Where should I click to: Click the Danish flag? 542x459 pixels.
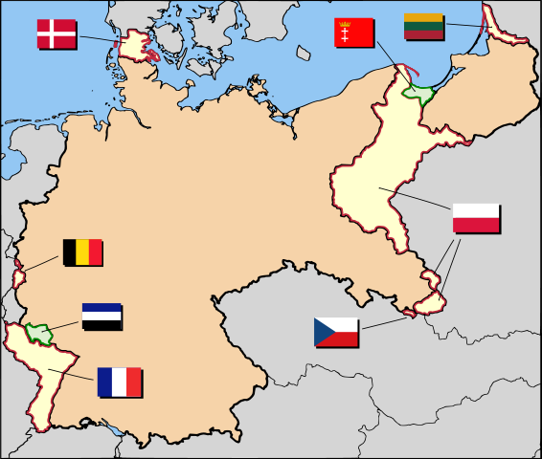tap(56, 33)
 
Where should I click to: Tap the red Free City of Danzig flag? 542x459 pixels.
tap(353, 34)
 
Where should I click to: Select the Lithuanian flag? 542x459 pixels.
tap(422, 26)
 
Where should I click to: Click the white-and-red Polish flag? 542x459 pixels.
tap(476, 218)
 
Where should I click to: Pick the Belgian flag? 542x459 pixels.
tap(82, 252)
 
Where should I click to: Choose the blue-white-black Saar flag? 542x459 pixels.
tap(102, 317)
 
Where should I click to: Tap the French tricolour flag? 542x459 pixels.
tap(119, 382)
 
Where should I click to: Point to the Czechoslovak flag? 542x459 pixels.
tap(336, 332)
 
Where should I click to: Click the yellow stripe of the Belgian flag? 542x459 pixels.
tap(82, 252)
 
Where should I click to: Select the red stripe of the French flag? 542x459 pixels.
tap(134, 382)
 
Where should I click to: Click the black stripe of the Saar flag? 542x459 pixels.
tap(102, 325)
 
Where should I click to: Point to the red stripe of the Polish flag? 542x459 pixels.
tap(476, 226)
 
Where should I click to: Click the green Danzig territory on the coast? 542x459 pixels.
tap(419, 93)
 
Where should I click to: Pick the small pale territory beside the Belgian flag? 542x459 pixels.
tap(18, 278)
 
